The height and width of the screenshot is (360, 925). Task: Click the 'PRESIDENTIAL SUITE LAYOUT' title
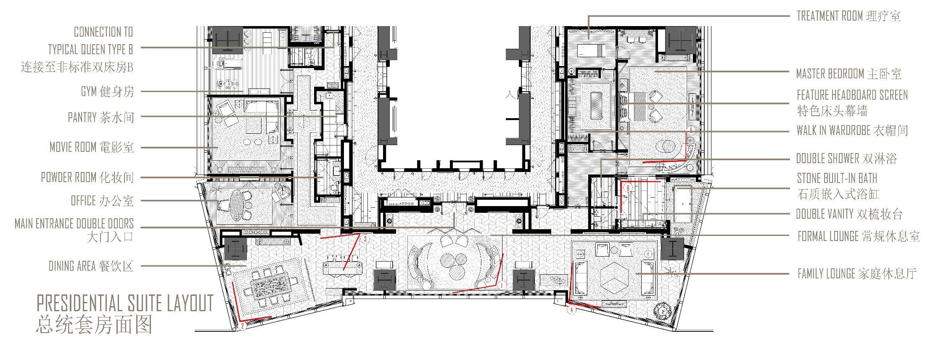click(x=125, y=303)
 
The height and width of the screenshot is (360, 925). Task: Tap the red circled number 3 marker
click(x=365, y=239)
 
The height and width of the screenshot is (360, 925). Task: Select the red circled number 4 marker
click(x=571, y=310)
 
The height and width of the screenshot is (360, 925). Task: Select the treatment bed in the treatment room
click(x=590, y=50)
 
